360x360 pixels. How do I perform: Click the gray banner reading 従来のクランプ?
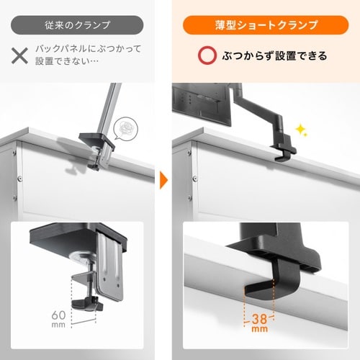click(x=77, y=25)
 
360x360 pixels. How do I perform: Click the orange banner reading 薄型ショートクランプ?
click(x=266, y=25)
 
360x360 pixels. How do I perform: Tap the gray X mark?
click(x=19, y=55)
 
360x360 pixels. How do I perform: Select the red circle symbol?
click(x=207, y=55)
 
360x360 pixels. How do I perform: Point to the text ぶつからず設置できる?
click(x=274, y=55)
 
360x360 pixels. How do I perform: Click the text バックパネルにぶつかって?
click(x=89, y=49)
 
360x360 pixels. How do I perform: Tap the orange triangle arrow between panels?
click(x=164, y=180)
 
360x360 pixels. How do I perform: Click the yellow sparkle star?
click(x=301, y=130)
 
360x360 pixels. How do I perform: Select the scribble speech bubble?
click(x=125, y=128)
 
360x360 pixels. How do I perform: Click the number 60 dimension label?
click(x=58, y=315)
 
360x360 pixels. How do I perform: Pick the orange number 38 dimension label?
click(x=259, y=319)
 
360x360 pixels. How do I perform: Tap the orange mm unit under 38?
click(x=259, y=329)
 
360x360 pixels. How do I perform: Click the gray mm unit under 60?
click(x=58, y=325)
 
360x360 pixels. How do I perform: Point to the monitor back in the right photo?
click(x=202, y=103)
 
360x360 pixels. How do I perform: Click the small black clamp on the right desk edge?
click(x=283, y=149)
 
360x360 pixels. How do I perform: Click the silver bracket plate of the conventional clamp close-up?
click(x=109, y=266)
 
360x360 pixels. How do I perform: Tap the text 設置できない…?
click(x=67, y=61)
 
